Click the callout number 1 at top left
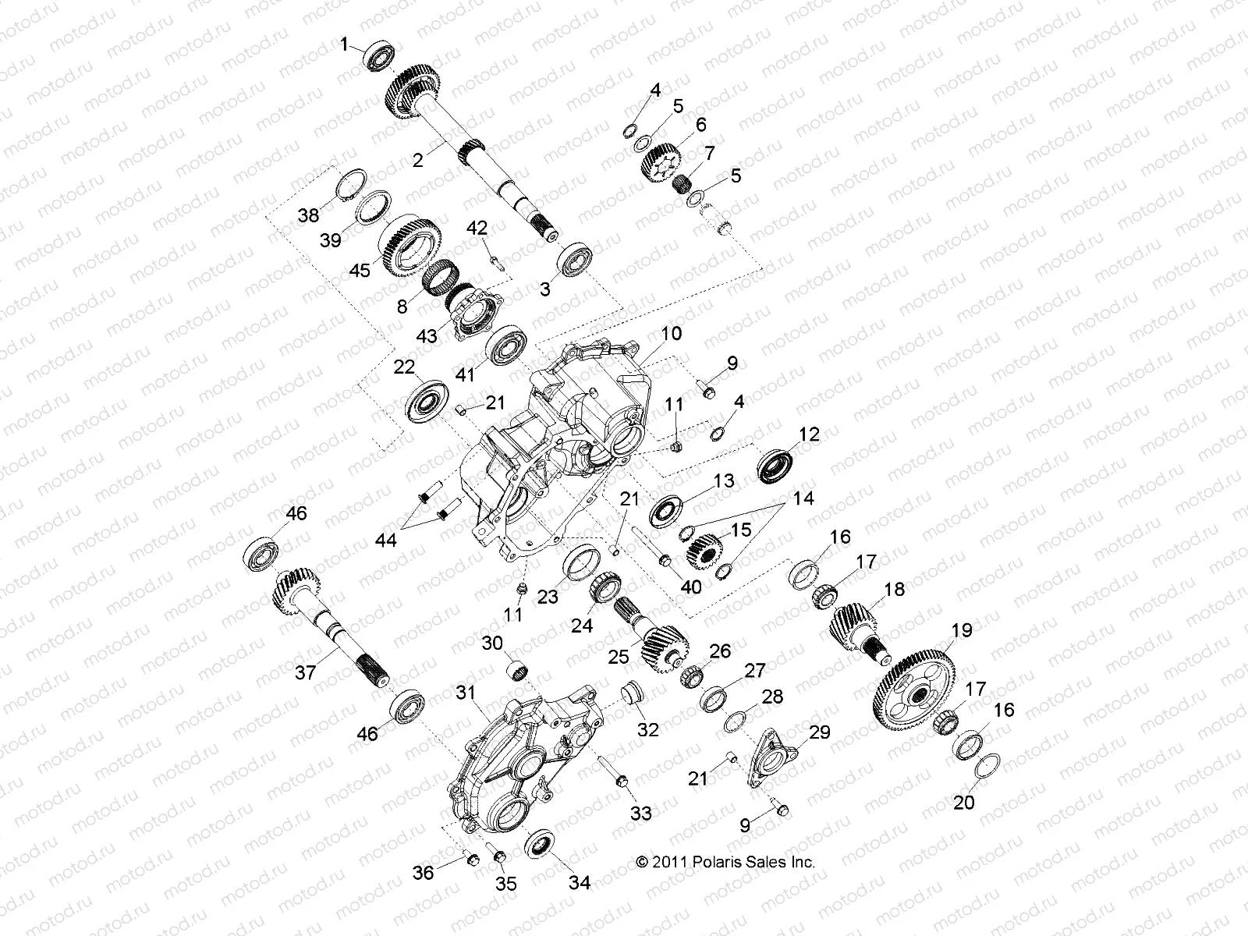[345, 45]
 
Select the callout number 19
[962, 630]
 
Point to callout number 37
[307, 671]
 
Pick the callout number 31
[466, 692]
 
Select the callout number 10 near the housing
[671, 334]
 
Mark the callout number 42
[477, 228]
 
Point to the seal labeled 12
[778, 465]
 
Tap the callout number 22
[403, 367]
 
